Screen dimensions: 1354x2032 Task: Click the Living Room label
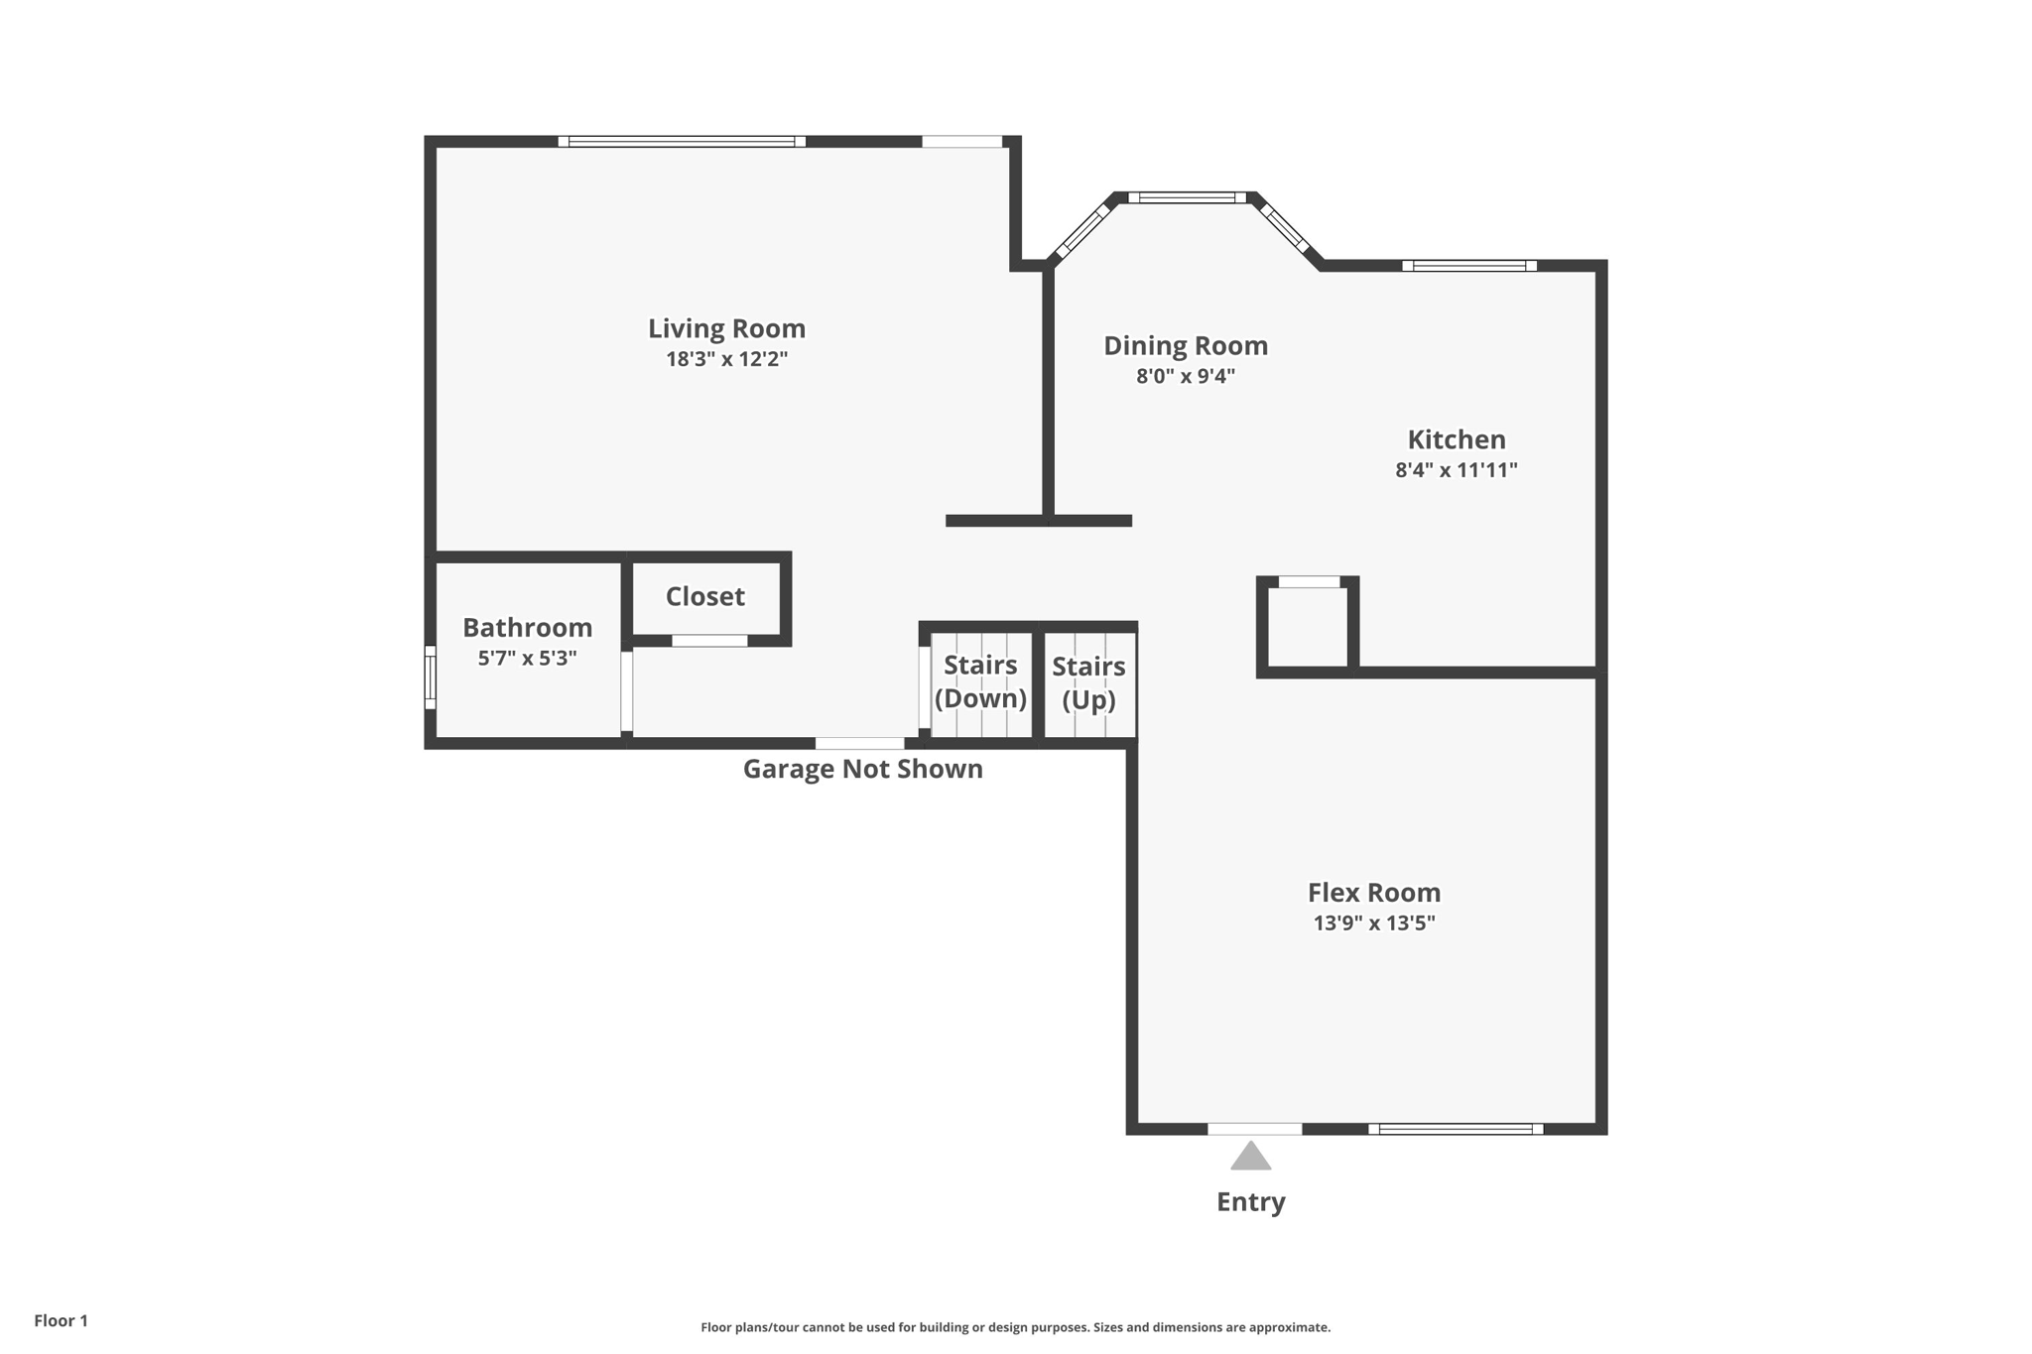pos(726,328)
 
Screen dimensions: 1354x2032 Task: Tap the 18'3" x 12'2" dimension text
pos(726,359)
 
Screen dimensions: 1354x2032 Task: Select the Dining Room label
pos(1186,345)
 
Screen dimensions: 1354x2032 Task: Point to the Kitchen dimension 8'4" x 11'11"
pos(1456,470)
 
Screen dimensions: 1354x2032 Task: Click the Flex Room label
pos(1373,892)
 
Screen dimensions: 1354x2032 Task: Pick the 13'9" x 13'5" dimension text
pos(1373,923)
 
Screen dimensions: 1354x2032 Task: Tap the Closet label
pos(704,596)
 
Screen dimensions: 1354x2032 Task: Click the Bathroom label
pos(527,627)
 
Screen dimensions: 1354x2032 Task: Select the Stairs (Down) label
pos(980,681)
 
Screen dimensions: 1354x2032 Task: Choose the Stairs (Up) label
pos(1088,682)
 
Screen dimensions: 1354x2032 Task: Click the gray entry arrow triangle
pos(1250,1158)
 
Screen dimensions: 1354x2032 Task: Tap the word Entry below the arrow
pos(1250,1202)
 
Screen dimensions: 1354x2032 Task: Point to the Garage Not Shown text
pos(862,769)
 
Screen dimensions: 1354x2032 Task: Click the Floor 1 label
pos(61,1320)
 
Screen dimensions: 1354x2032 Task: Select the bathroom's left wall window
pos(430,677)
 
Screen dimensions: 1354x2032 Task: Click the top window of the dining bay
pos(1187,197)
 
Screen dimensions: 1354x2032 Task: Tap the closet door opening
pos(709,641)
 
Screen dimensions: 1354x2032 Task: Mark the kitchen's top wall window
pos(1468,266)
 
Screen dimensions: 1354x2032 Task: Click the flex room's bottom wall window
pos(1456,1129)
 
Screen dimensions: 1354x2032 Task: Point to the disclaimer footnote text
pos(1015,1327)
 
